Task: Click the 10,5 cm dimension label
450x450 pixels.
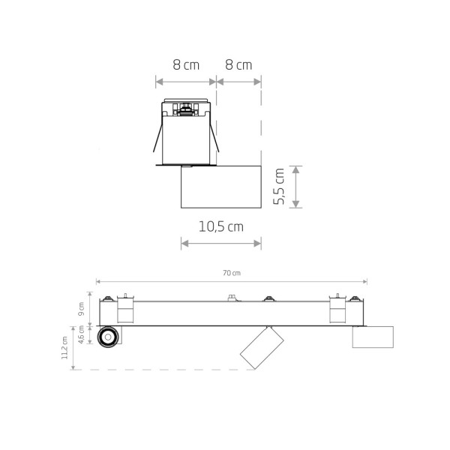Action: [221, 226]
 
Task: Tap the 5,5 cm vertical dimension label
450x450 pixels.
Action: [279, 187]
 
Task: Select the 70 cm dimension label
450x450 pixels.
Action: [232, 273]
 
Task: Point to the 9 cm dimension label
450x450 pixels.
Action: [82, 309]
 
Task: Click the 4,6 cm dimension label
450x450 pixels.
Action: [82, 334]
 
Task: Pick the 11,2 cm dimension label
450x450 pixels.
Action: [64, 348]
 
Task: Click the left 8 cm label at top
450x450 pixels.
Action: [186, 64]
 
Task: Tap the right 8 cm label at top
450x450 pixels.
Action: [238, 64]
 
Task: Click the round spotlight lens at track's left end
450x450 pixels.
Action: [108, 337]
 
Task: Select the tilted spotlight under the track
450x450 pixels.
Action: [262, 347]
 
